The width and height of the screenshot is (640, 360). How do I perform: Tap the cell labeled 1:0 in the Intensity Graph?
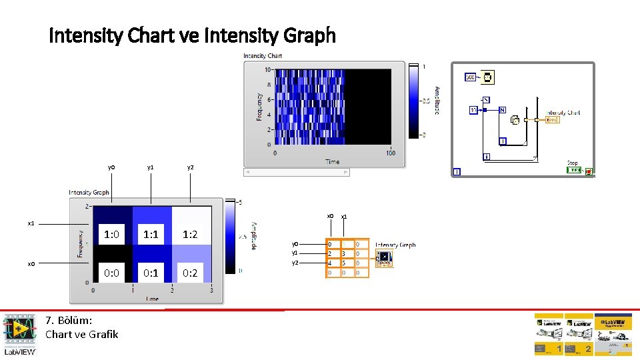click(112, 234)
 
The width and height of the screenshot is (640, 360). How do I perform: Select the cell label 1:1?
click(151, 234)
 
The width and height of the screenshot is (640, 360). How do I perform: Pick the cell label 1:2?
click(190, 234)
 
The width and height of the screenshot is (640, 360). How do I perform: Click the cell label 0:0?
click(112, 273)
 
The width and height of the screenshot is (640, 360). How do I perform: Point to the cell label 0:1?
click(151, 273)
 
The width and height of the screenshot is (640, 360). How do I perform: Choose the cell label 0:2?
click(190, 273)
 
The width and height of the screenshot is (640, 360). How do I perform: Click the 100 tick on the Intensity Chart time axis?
click(391, 153)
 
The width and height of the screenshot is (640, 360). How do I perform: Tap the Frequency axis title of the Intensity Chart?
click(259, 106)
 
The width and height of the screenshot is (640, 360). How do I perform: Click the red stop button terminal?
click(589, 171)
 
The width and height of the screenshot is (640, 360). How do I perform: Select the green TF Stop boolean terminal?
click(574, 171)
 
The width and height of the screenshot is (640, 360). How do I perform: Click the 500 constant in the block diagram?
click(471, 78)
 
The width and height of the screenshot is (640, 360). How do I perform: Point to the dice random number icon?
click(515, 120)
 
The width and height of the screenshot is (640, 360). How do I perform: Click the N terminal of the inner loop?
click(502, 110)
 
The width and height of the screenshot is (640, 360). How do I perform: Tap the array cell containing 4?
click(330, 263)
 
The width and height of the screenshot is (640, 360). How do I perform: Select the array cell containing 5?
click(344, 263)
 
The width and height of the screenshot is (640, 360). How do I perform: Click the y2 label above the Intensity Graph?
click(191, 167)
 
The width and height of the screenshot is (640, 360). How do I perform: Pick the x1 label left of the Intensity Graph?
click(31, 223)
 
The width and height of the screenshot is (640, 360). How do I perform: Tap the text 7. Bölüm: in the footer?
click(69, 321)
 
